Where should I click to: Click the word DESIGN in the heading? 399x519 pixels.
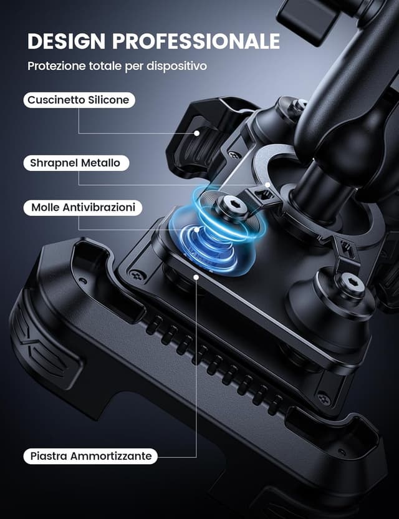66,41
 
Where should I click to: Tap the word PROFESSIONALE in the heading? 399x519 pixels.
196,41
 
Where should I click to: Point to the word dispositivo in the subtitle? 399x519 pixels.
176,66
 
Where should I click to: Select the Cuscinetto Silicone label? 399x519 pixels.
79,100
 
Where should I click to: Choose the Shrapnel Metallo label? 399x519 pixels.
76,163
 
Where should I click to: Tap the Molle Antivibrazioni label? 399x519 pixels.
83,208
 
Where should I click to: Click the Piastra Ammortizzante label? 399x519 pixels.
90,456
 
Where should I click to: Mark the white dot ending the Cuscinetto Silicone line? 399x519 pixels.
197,133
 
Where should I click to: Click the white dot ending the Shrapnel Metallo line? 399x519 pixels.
267,185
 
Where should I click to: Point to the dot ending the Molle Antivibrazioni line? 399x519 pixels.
196,229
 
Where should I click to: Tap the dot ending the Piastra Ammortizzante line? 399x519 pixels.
196,278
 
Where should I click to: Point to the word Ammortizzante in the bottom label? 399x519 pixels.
111,456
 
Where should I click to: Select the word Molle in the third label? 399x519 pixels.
46,208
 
